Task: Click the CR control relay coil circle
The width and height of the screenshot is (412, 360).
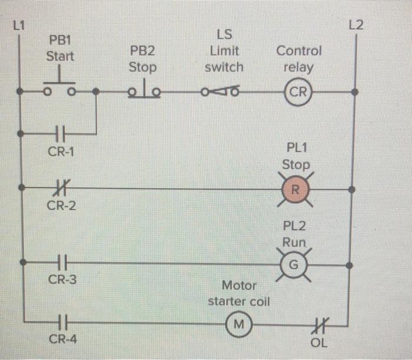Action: coord(298,92)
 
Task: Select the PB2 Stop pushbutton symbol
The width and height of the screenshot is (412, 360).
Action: coord(142,91)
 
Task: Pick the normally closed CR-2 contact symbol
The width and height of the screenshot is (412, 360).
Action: coord(59,188)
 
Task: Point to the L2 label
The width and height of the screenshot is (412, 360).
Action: coord(356,25)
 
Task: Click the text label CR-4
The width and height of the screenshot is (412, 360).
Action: coord(62,339)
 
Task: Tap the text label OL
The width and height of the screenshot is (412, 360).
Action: coord(321,342)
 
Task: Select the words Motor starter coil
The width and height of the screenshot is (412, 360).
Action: coord(239,294)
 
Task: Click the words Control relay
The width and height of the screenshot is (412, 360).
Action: coord(299,59)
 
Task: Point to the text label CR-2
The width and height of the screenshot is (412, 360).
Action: coord(61,206)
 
